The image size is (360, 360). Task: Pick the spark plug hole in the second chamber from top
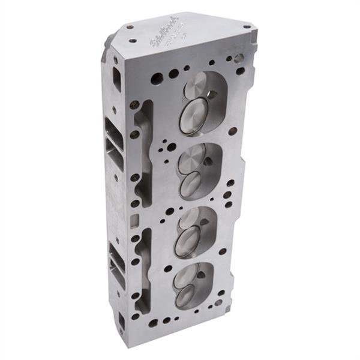[208, 161]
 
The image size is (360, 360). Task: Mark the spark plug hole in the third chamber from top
[206, 223]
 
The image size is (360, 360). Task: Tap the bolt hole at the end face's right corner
[247, 27]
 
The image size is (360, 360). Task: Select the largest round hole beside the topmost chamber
[157, 78]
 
